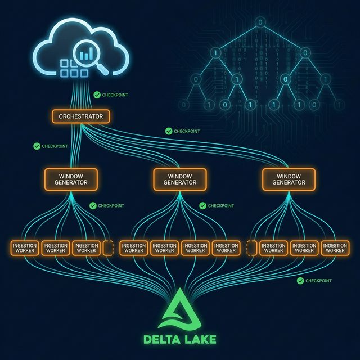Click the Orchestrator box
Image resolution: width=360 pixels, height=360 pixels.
tap(81, 116)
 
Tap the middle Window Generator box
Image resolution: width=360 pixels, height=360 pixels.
tap(180, 178)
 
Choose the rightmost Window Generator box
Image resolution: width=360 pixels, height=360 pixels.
tap(289, 178)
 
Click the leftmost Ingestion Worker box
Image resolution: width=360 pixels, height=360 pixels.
tap(24, 248)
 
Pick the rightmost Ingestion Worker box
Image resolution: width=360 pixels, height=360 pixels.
tap(335, 248)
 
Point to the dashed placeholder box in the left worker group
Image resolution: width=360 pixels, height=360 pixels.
tap(108, 248)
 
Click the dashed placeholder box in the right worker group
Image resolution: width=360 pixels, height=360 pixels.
tap(251, 248)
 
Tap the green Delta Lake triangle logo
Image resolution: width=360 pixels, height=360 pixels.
tap(180, 309)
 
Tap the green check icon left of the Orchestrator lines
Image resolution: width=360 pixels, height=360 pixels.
tap(37, 146)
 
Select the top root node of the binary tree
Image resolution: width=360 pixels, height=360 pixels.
tap(260, 23)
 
